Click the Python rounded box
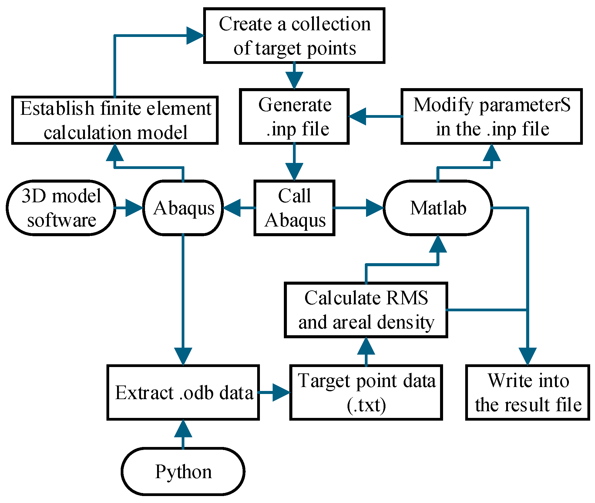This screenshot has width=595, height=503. [183, 471]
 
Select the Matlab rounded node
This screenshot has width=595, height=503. [438, 208]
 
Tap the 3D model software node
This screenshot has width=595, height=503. [61, 208]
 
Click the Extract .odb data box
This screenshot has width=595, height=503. [183, 392]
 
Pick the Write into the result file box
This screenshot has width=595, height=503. [528, 392]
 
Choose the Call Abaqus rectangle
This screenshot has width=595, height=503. [294, 208]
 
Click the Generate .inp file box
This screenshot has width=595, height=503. [294, 116]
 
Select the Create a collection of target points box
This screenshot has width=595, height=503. [294, 35]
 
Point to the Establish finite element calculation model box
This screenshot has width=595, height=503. [115, 120]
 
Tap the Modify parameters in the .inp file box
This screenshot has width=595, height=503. [492, 116]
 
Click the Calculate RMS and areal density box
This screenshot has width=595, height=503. [366, 310]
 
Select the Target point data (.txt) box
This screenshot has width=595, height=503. [366, 392]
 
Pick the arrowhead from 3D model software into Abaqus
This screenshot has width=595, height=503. [134, 208]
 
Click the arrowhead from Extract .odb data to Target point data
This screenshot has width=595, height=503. [281, 392]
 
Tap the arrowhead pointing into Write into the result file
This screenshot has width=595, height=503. [528, 356]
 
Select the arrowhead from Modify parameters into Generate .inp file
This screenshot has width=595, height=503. [357, 116]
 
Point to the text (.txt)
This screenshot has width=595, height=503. [366, 405]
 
